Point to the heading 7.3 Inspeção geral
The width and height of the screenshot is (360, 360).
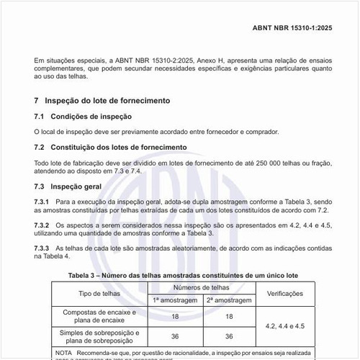tap(69, 186)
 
